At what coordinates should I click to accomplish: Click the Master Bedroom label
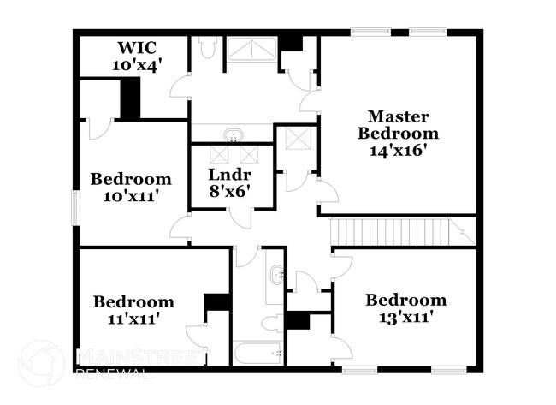[x=398, y=124]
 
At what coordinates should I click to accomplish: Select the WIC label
[x=136, y=46]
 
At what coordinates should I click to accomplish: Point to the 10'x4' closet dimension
[x=137, y=63]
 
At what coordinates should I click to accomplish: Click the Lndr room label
[x=230, y=175]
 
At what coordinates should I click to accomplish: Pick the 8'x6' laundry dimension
[x=229, y=192]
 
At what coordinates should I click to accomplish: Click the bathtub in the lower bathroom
[x=259, y=353]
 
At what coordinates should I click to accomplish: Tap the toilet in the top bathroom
[x=208, y=47]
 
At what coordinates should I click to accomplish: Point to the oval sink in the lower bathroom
[x=275, y=276]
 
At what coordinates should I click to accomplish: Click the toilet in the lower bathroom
[x=273, y=323]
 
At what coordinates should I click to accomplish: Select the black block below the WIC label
[x=130, y=99]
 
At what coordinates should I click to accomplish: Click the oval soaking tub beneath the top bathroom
[x=232, y=134]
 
